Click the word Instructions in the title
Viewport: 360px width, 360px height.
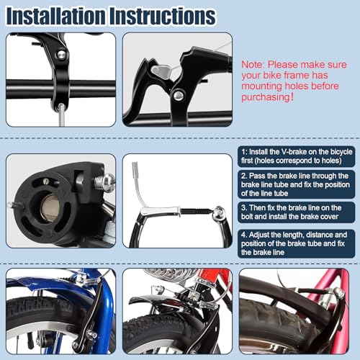pos(168,16)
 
